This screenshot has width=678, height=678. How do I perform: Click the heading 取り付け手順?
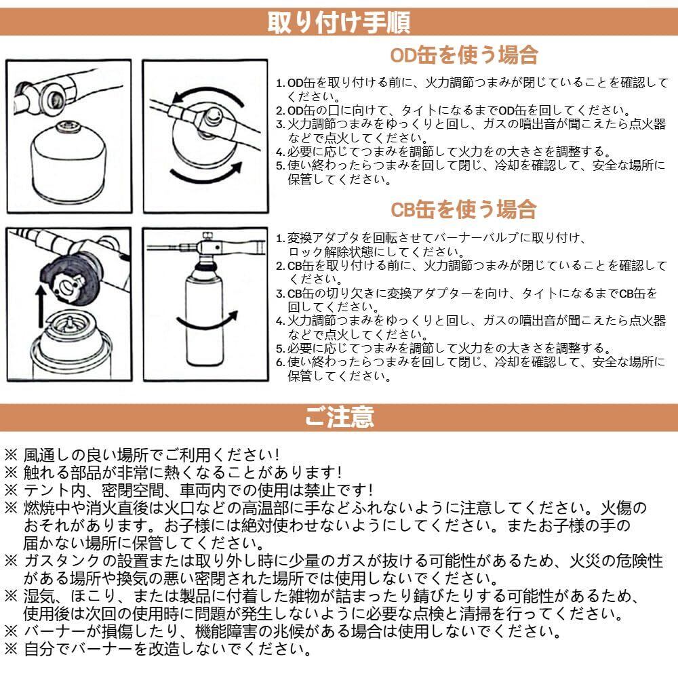(x=338, y=22)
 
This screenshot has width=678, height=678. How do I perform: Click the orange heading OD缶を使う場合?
(x=464, y=56)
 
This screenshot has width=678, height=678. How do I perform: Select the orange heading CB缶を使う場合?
(x=464, y=210)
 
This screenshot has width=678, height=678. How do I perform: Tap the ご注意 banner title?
(x=339, y=417)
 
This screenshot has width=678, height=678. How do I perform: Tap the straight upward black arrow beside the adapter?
(x=41, y=306)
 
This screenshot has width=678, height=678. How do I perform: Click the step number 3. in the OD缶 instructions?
(x=281, y=125)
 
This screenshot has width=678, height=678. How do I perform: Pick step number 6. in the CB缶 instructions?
(x=281, y=362)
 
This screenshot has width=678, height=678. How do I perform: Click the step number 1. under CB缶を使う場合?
(x=281, y=238)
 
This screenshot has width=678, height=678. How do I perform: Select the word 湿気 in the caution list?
(x=39, y=596)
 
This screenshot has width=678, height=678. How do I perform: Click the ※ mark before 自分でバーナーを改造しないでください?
(x=11, y=649)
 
